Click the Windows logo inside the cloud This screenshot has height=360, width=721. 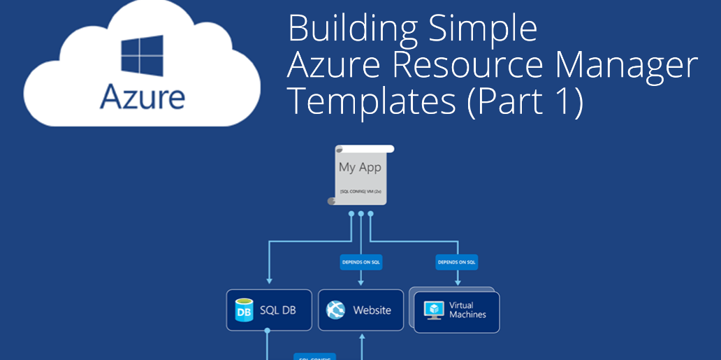(142, 56)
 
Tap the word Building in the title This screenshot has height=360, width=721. (349, 29)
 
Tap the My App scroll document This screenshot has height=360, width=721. (360, 175)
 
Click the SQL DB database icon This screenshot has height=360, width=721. (244, 310)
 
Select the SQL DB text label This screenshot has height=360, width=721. (277, 310)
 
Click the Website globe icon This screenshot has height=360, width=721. (336, 310)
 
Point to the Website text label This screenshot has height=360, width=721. (372, 310)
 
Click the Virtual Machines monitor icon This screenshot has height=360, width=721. (435, 310)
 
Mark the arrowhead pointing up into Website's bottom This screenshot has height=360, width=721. (362, 336)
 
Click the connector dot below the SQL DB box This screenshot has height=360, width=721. (267, 334)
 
